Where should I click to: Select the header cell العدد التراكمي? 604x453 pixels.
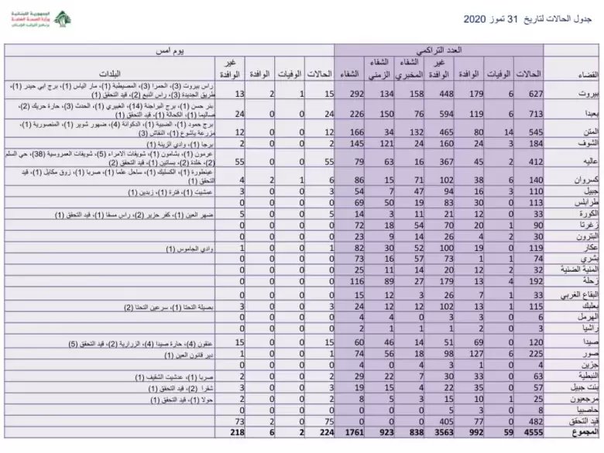(438, 50)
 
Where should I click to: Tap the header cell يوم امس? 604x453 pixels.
(171, 50)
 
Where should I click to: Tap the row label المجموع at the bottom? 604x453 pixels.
(571, 433)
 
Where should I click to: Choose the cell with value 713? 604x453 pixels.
(533, 112)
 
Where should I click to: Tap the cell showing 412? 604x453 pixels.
(533, 161)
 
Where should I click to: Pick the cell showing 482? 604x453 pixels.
(533, 420)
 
